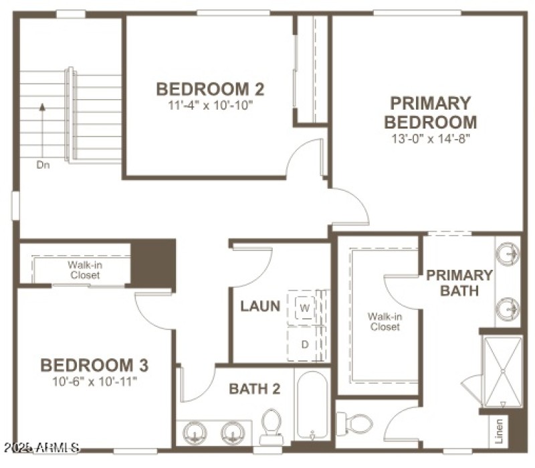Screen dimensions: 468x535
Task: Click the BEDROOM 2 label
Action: click(210, 89)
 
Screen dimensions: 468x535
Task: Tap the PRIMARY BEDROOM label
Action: click(431, 112)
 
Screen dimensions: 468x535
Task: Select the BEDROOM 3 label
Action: click(94, 366)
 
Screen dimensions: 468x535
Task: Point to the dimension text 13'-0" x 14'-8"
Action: click(431, 139)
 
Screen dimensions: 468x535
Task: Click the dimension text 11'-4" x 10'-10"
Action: click(210, 104)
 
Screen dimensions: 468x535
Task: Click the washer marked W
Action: click(305, 308)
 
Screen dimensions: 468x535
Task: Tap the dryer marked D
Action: click(305, 344)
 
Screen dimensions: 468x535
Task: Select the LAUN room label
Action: click(260, 307)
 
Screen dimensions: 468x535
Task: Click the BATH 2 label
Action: click(255, 388)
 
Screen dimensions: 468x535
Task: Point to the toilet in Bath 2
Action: click(271, 426)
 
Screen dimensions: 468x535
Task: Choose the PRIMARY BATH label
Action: click(459, 283)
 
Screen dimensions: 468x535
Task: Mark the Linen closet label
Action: click(499, 431)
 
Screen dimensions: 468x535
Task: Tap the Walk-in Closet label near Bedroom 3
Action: click(84, 270)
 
